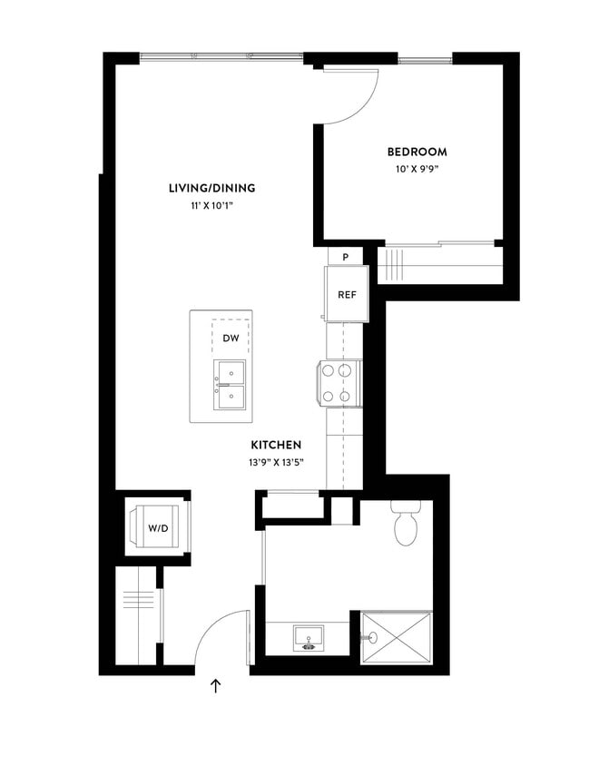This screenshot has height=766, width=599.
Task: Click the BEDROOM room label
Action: (417, 152)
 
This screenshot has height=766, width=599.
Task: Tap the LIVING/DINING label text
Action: (211, 189)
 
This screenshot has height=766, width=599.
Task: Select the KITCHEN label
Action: (277, 446)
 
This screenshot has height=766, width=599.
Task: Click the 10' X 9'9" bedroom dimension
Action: (417, 169)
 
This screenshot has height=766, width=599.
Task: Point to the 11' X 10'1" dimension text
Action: (211, 206)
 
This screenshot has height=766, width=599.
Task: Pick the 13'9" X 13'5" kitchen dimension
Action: (277, 462)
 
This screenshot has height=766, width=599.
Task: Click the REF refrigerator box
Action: (347, 294)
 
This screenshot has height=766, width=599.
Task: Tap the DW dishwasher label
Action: (231, 339)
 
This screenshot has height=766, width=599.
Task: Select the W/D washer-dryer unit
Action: (157, 528)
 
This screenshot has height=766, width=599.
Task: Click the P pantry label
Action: (346, 257)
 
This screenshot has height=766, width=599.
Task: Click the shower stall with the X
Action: (397, 638)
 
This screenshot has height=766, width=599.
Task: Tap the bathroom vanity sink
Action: (310, 640)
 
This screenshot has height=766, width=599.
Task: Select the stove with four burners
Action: (340, 383)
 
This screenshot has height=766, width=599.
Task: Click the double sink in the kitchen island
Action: (231, 384)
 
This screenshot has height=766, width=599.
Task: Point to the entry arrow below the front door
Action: (216, 686)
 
